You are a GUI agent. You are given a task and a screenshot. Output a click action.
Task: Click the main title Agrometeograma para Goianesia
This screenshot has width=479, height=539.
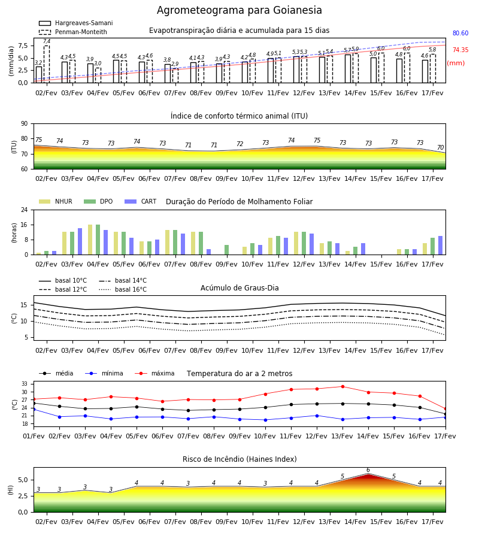coord(239,10)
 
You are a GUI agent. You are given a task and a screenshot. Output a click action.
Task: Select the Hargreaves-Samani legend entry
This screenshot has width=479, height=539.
coord(75,23)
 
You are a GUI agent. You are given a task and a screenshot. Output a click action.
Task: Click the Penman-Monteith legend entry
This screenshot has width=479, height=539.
coord(73,32)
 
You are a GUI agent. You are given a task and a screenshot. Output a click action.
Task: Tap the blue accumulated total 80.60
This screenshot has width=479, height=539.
coord(460,33)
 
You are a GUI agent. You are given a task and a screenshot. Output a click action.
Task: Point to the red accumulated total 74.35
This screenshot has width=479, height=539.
coord(460,50)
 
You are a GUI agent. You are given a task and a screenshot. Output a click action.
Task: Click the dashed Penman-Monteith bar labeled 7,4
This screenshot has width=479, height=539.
coord(46,64)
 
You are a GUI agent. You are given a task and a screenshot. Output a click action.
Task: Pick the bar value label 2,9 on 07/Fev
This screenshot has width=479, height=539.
coord(175,64)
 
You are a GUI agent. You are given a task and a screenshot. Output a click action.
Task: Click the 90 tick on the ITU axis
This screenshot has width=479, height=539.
coord(25,124)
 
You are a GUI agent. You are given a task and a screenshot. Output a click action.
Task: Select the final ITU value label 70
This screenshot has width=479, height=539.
coord(440,147)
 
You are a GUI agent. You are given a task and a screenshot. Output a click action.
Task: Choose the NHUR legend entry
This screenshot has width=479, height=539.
coord(56,201)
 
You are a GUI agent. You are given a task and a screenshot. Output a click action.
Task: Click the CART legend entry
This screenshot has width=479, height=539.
coord(141,201)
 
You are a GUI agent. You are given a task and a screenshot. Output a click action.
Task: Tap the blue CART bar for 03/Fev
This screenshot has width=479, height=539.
coord(80,241)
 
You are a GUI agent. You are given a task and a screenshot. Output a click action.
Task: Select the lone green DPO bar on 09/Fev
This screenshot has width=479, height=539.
coord(227,250)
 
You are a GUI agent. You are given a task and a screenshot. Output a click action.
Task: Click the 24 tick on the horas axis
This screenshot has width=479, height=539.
coord(25,210)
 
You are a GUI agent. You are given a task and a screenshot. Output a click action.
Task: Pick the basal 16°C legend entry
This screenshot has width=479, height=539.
coord(123,289)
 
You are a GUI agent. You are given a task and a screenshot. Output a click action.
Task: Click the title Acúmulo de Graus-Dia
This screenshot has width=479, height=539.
coord(239,288)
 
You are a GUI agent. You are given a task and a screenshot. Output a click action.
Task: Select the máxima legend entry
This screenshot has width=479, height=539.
coord(154,373)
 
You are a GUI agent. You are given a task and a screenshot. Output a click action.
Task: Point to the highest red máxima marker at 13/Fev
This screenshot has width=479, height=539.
coord(342,386)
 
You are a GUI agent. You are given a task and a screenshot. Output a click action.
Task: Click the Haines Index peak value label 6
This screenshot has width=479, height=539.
coord(368,470)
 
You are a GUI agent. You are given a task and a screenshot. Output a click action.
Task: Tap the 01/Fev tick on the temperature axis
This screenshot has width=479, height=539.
coord(34,436)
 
